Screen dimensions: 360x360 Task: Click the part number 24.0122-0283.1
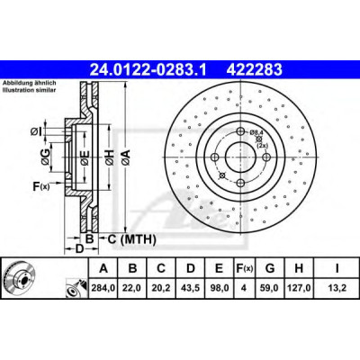148,69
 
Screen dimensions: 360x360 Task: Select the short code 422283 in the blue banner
255,69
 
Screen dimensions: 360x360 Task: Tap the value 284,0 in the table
103,288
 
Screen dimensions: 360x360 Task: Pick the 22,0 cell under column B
132,288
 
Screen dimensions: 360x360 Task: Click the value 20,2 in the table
161,288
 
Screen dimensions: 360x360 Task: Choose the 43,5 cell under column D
190,288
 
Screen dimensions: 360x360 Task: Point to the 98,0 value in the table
219,288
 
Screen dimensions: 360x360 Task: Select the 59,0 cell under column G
270,288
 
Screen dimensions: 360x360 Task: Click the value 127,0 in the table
299,288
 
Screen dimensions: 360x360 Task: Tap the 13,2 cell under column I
337,288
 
